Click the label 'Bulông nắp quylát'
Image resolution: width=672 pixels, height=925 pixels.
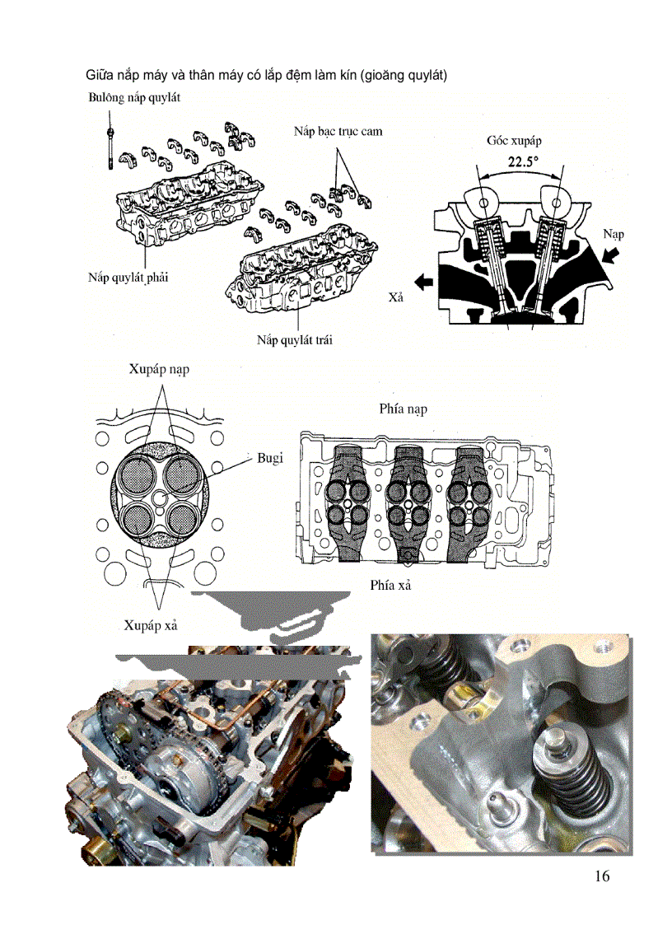coord(133,97)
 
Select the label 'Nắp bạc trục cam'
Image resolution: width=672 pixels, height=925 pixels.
coord(338,131)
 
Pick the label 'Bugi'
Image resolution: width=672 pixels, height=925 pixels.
coord(270,458)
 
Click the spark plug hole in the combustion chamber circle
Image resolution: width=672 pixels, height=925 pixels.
coord(160,499)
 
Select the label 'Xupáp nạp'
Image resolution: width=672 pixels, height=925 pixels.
coord(159,370)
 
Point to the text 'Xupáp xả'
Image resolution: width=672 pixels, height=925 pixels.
coord(152,626)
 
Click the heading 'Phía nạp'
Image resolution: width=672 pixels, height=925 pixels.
coord(403,409)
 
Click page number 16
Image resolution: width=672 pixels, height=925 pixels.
coord(601,876)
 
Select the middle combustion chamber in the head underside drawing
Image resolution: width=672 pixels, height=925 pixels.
coord(408,503)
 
